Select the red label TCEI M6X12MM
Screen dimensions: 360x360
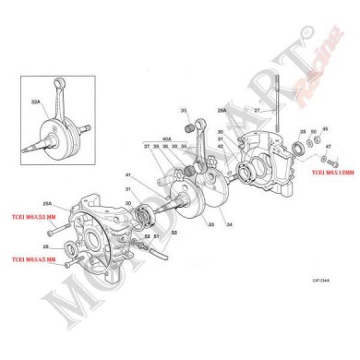(x=328, y=173)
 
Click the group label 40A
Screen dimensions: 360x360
(x=168, y=138)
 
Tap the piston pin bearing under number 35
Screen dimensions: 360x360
(x=193, y=125)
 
